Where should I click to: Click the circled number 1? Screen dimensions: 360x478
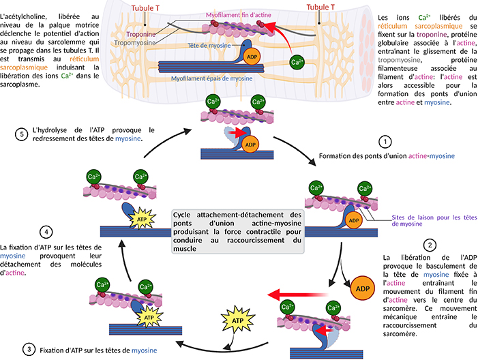coord(386,142)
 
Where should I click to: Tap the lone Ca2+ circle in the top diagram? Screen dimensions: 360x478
coord(296,63)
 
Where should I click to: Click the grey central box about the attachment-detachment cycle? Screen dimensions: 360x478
coord(239,231)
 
